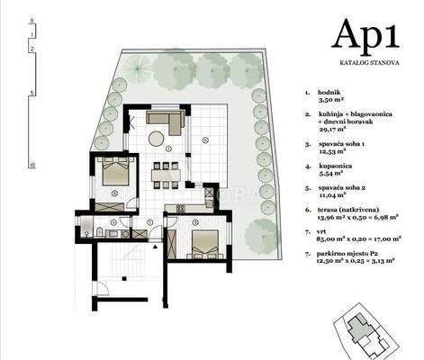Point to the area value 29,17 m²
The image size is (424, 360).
[x=336, y=130]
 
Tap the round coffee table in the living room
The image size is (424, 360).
[x=156, y=138]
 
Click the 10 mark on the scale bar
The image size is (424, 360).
[x=32, y=166]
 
